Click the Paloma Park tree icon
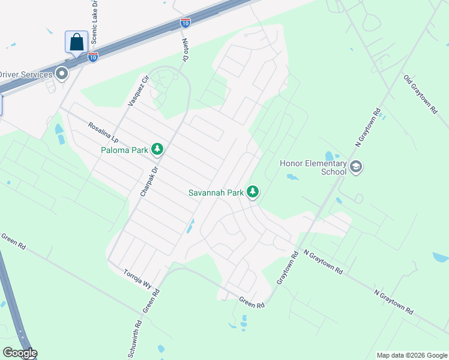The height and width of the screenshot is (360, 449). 157,149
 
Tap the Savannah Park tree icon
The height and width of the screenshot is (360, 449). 253,192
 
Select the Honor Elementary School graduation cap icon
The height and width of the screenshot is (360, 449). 356,167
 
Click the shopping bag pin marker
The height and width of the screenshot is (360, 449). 76,43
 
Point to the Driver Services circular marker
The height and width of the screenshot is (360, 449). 62,74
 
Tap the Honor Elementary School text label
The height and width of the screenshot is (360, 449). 313,167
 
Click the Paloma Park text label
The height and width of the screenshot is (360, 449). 124,150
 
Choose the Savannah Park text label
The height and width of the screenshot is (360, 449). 215,193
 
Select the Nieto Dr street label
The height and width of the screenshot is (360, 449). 185,51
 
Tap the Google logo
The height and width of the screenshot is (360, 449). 19,353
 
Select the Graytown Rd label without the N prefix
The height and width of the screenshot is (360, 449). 288,268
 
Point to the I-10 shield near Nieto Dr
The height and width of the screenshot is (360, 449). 185,23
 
